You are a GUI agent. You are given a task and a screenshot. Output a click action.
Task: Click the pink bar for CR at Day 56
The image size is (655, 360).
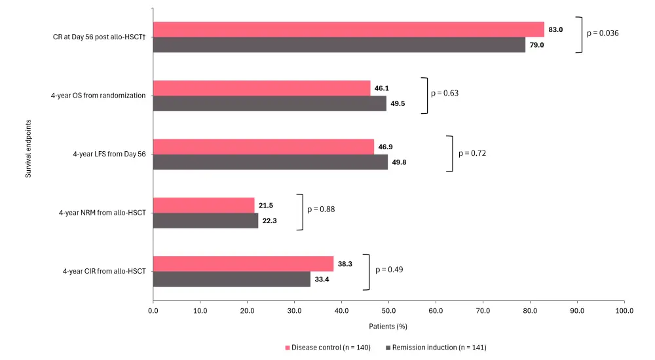[x=348, y=29]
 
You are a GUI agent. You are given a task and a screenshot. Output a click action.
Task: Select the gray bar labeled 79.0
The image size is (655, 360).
[x=339, y=45]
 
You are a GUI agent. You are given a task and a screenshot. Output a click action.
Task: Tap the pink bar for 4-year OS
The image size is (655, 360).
[x=261, y=88]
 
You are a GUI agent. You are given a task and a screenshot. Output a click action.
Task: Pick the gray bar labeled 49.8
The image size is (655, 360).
[x=270, y=162]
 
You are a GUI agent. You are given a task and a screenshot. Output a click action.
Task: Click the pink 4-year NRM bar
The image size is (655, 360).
[x=204, y=206]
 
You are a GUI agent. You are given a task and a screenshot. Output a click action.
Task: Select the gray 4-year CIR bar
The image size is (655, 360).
[x=231, y=279]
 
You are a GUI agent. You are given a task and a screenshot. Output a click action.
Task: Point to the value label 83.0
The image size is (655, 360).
[x=555, y=29]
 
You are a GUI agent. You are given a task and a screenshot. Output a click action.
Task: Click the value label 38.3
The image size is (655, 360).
[x=345, y=264]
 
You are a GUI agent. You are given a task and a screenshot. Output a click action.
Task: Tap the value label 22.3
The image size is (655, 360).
[x=269, y=221]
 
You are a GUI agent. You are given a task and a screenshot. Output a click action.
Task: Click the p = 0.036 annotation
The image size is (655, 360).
[x=603, y=33]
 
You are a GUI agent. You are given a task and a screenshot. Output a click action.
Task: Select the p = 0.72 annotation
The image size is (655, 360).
[x=472, y=153]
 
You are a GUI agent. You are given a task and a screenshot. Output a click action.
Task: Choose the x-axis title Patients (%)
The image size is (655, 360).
[x=388, y=326]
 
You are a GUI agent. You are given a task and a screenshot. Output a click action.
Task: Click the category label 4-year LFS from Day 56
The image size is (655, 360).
[x=109, y=155]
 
